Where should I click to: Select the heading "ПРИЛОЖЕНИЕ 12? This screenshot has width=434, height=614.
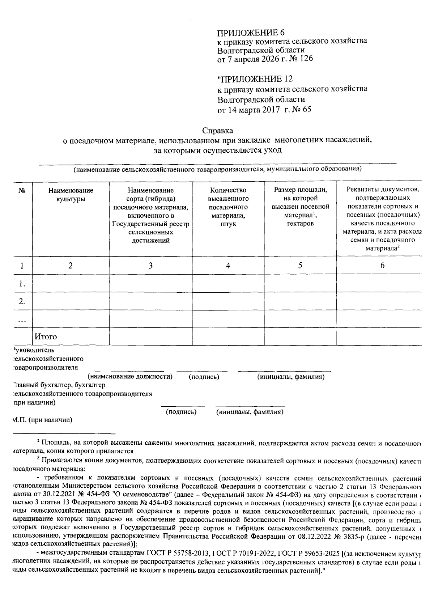coord(255,79)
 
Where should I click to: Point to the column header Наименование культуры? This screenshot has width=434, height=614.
coord(71,195)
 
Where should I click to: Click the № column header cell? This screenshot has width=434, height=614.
coord(22,191)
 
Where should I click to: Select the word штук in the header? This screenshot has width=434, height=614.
coord(228,224)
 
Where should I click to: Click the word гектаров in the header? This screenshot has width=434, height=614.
coord(300,224)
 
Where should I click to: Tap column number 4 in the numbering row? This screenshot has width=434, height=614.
coord(228,266)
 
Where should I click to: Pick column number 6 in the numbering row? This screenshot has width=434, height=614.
coord(382,265)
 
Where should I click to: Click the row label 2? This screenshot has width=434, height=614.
coord(22,301)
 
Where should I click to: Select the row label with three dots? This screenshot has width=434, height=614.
coord(22,319)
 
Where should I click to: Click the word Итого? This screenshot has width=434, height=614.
coord(46,337)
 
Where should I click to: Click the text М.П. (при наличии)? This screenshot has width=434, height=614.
coord(42,420)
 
